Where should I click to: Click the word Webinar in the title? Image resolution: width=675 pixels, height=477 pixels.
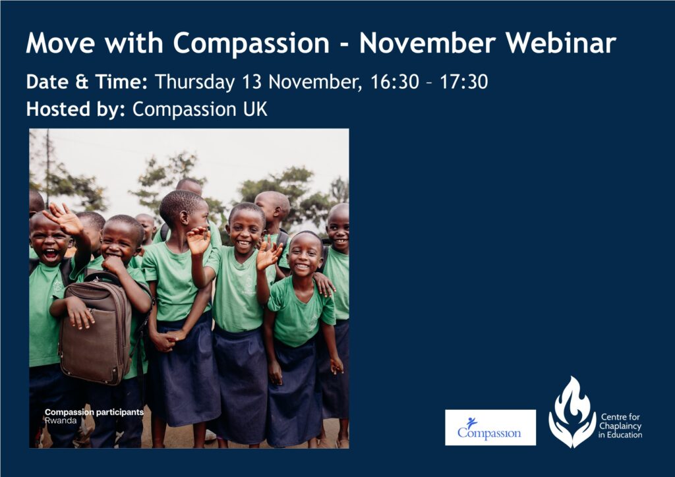pos(561,43)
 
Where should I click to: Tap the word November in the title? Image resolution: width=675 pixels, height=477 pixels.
pos(427,43)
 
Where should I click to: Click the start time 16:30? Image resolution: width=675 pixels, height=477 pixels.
pos(395,82)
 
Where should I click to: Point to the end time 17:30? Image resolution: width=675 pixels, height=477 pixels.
pos(463,82)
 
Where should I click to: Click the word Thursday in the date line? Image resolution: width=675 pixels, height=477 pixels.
pos(194,82)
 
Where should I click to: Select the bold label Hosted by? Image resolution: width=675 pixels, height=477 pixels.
pos(75,109)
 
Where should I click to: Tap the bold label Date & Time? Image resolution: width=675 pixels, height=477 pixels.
pos(86,82)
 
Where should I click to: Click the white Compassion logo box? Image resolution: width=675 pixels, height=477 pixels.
pos(490,427)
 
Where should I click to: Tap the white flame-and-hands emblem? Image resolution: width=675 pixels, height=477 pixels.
pos(572,412)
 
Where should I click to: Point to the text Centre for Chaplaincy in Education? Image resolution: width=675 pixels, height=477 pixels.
pos(620,426)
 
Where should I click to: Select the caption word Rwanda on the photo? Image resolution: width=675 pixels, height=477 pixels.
pos(61,420)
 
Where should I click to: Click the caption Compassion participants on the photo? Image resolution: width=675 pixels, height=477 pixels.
pos(94,412)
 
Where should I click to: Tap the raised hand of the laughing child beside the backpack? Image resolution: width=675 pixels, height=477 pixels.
pos(65,219)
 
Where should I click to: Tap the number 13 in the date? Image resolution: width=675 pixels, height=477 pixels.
pos(252,82)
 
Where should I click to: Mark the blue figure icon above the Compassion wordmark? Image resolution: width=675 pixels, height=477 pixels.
pos(472,422)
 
